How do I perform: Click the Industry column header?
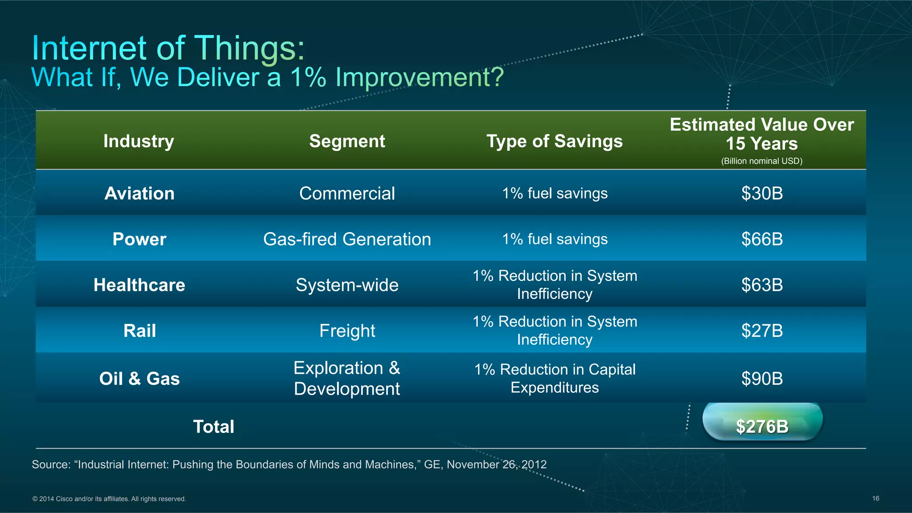(x=138, y=141)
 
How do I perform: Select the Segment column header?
(x=347, y=141)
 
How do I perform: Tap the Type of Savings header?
(x=554, y=141)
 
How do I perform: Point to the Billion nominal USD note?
(x=761, y=161)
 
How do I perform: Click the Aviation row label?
(x=139, y=194)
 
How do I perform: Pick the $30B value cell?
(x=762, y=194)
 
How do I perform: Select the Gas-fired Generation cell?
(x=347, y=239)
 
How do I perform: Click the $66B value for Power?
(x=762, y=239)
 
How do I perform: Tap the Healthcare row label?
(x=139, y=285)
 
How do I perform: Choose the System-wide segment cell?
(x=347, y=285)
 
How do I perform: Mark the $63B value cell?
(x=762, y=285)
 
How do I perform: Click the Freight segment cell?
(x=347, y=331)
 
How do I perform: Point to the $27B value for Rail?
(x=762, y=331)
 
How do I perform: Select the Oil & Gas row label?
(x=139, y=379)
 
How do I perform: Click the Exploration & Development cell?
(x=347, y=378)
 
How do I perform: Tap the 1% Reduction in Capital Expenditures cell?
(x=554, y=378)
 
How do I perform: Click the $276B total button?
(x=762, y=426)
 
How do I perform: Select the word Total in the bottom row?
(x=213, y=427)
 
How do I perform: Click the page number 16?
(x=875, y=498)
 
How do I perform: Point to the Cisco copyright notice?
(x=109, y=499)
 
